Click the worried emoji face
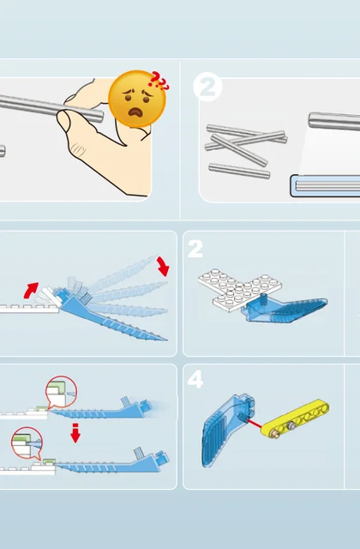click(x=137, y=100)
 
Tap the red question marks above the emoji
click(x=159, y=81)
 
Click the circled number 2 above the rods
click(x=207, y=87)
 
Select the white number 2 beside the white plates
click(x=195, y=249)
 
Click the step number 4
click(x=195, y=379)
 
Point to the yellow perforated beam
click(x=295, y=418)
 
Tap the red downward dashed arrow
click(x=75, y=432)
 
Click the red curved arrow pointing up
click(x=31, y=290)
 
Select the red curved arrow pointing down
click(x=163, y=266)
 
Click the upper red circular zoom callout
click(x=61, y=392)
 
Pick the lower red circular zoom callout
click(x=27, y=443)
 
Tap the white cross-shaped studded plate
click(x=240, y=289)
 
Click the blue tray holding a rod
click(x=326, y=185)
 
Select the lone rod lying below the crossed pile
click(x=239, y=171)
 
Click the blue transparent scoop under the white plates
click(x=286, y=309)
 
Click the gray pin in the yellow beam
click(x=290, y=425)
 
